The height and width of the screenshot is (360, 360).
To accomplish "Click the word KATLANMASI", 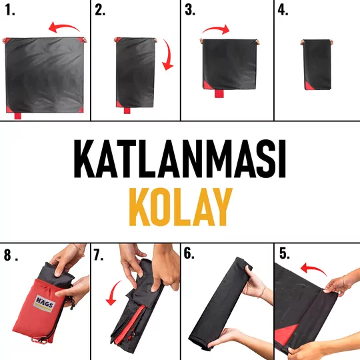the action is click(x=180, y=159).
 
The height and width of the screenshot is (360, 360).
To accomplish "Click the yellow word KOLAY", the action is click(x=181, y=207).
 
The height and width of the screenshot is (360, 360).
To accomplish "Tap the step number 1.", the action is click(x=10, y=10).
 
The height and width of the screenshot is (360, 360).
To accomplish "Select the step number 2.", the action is click(x=100, y=10).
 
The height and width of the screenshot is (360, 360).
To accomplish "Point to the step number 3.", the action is click(x=190, y=10).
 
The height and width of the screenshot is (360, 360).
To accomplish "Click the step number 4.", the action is click(x=283, y=10).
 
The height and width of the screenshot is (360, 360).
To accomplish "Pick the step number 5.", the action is click(x=285, y=253).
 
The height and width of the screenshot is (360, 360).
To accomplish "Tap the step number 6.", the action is click(x=189, y=253).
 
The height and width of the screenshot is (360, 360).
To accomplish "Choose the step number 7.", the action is click(x=98, y=255).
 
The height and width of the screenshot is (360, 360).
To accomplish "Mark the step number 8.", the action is click(x=11, y=255).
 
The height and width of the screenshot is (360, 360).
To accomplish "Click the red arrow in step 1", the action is click(x=64, y=27).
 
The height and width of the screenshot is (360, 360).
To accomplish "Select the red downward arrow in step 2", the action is click(x=168, y=55).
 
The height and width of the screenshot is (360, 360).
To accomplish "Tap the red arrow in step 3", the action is click(x=216, y=29).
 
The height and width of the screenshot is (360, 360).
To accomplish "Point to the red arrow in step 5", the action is click(x=313, y=268).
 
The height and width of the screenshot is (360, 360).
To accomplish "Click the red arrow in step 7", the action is click(x=113, y=293).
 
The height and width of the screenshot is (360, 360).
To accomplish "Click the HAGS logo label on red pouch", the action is click(x=44, y=303).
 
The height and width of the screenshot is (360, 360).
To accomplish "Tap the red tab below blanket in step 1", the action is click(x=18, y=115).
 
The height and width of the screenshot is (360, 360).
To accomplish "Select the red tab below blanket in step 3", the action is click(x=219, y=93).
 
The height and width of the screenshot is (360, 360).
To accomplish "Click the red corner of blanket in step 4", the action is click(x=307, y=86).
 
